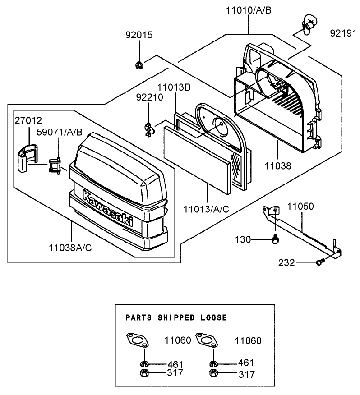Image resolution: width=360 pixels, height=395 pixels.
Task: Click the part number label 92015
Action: click(x=139, y=35)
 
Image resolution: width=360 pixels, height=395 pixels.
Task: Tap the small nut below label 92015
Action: click(x=139, y=65)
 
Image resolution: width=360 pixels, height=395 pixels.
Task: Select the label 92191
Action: click(x=343, y=33)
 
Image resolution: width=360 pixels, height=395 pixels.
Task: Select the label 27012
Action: click(x=28, y=120)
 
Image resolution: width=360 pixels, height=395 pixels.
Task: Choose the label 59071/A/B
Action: click(x=59, y=132)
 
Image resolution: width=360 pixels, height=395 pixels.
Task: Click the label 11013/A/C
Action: click(x=207, y=209)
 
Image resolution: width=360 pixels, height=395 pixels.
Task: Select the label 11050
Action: click(x=301, y=206)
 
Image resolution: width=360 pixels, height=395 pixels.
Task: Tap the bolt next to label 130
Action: click(x=275, y=240)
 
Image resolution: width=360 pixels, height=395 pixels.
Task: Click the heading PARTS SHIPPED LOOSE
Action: click(x=176, y=317)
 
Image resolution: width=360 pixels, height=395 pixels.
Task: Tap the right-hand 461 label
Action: click(x=245, y=362)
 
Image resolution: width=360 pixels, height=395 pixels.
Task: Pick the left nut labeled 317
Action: click(x=143, y=373)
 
